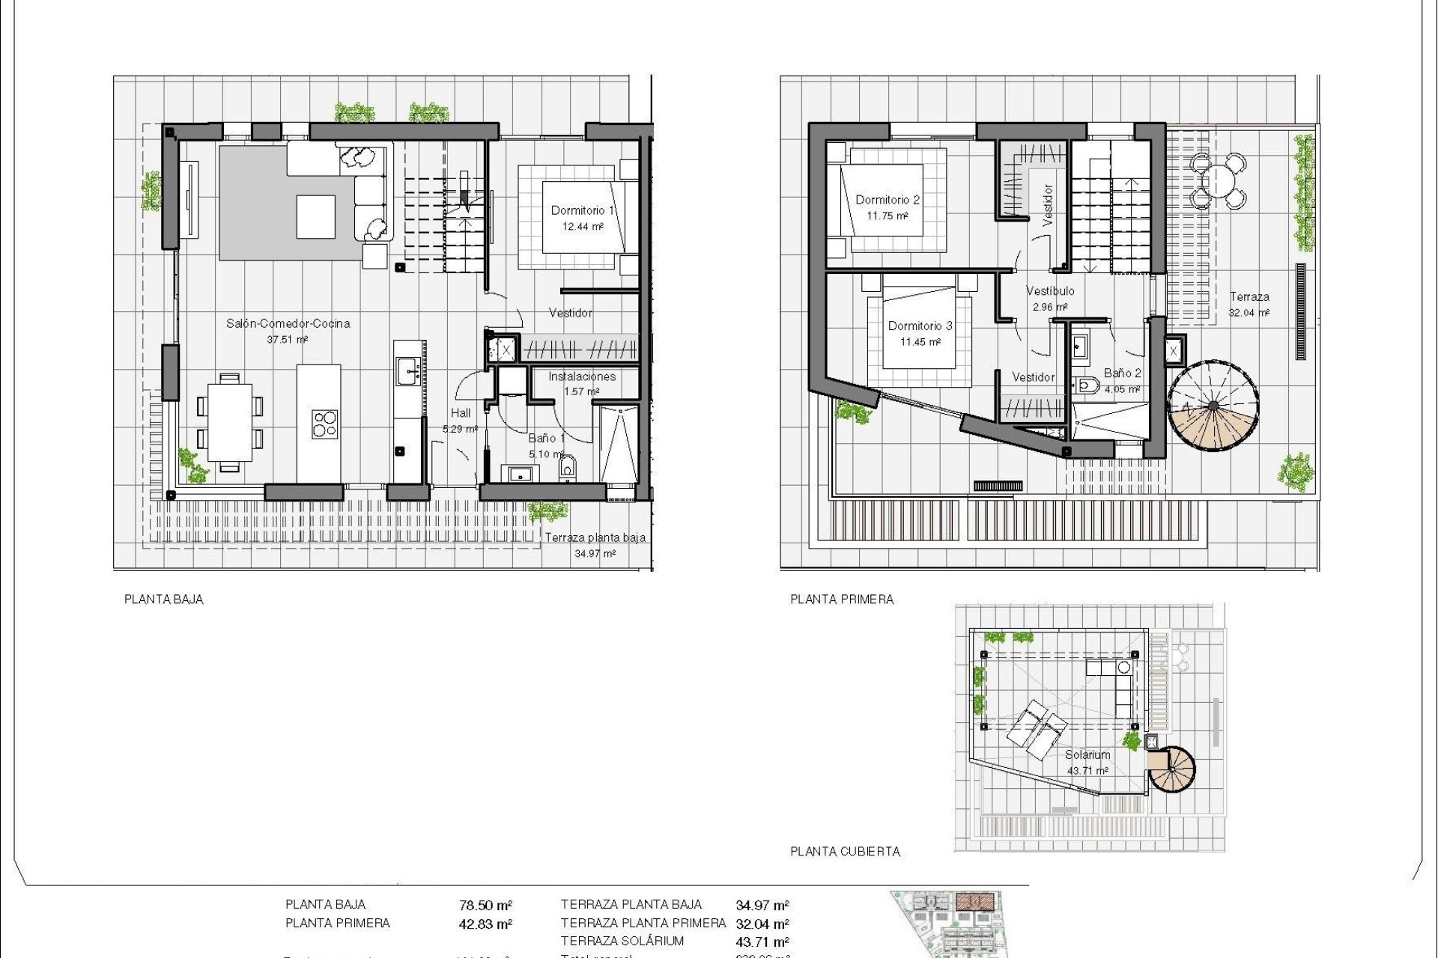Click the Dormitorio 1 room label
tap(582, 210)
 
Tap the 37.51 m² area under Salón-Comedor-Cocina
tap(288, 340)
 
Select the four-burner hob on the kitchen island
tap(325, 424)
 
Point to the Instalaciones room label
tap(582, 376)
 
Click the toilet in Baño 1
tap(567, 469)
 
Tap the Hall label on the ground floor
tap(461, 412)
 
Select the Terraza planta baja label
tap(595, 537)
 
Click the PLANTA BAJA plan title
tap(163, 599)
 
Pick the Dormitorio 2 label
tap(888, 200)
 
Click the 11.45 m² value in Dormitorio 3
tap(920, 342)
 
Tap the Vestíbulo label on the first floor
tap(1050, 290)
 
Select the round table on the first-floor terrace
tap(1219, 180)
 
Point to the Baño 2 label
tap(1123, 373)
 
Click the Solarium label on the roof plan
tap(1087, 754)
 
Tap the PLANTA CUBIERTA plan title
tap(845, 851)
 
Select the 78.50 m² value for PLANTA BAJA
tap(485, 906)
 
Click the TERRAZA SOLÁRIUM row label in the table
tap(622, 941)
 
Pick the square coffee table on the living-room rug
tap(315, 216)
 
